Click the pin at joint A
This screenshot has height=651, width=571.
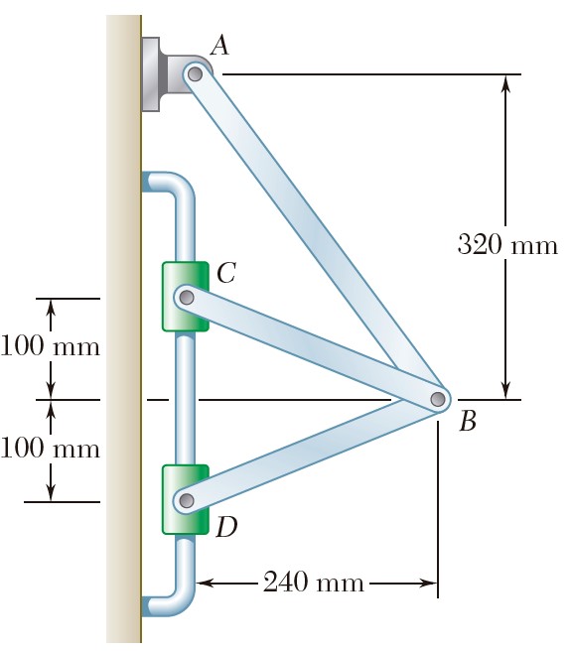195,74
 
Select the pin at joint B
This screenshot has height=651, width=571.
437,399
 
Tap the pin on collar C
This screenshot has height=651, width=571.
187,298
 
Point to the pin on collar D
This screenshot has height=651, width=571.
187,500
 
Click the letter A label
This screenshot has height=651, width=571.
219,46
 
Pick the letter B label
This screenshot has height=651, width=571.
468,421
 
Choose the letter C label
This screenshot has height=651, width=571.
226,273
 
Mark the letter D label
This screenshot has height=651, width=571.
226,527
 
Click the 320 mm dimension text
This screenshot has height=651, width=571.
507,244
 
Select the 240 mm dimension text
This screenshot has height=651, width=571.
314,582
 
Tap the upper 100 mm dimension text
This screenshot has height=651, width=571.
51,345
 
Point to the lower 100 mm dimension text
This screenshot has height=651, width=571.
51,448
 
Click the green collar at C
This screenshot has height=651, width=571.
186,297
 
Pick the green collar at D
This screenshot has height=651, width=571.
186,499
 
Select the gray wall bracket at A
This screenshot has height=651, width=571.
166,74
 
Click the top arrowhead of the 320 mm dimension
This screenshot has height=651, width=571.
505,82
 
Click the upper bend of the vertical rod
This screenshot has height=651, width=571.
179,185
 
